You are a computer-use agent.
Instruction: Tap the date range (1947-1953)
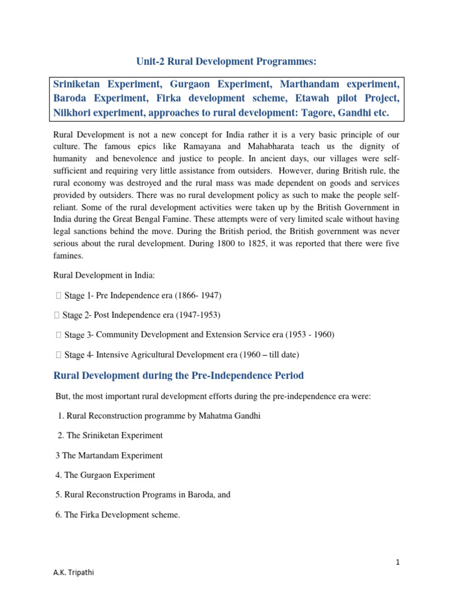[x=195, y=314]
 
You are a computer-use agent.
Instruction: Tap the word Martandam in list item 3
[x=100, y=456]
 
